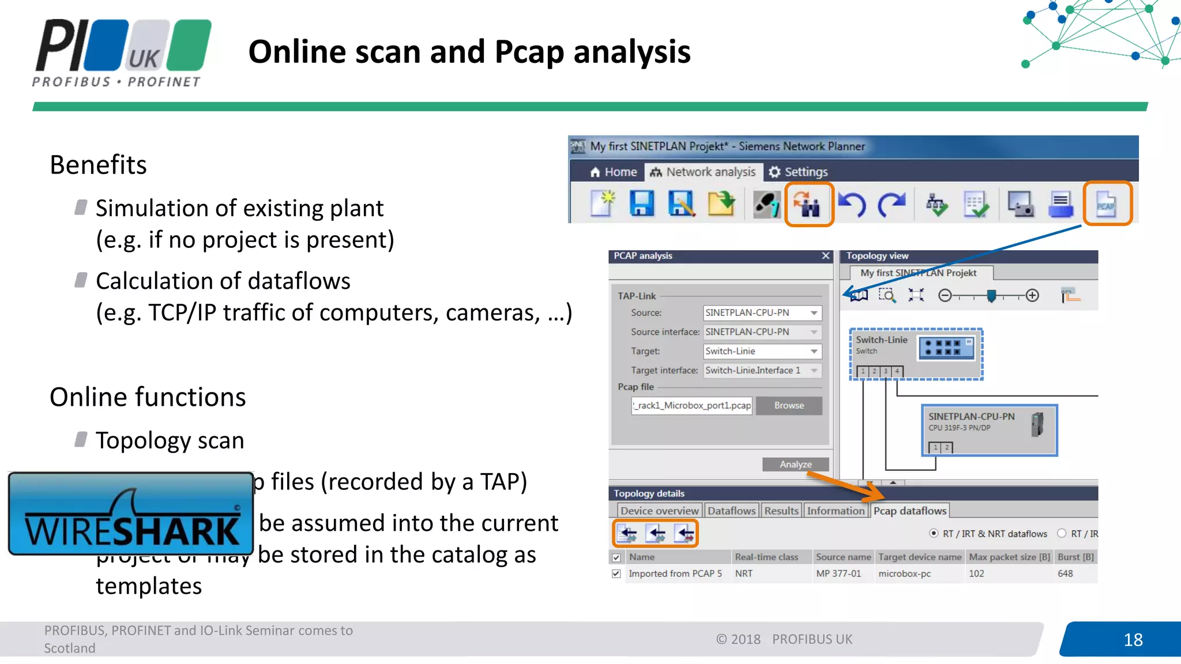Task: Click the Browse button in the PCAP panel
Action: (x=788, y=406)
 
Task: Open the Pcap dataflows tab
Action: (x=909, y=511)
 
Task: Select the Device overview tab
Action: (x=659, y=511)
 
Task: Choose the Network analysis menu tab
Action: (x=703, y=172)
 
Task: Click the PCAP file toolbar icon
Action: (x=1106, y=204)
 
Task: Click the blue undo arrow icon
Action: (x=852, y=204)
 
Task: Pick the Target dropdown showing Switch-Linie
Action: (x=762, y=351)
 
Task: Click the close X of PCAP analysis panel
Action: (x=826, y=256)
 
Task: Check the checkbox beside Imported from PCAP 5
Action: (x=616, y=574)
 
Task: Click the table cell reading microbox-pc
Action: (x=904, y=574)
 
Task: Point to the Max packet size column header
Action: (x=1009, y=557)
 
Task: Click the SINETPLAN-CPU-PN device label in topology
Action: (x=971, y=417)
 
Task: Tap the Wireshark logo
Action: (x=131, y=514)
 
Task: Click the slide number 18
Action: (x=1133, y=640)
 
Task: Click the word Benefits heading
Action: (x=99, y=165)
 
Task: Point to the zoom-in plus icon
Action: (x=1032, y=296)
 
